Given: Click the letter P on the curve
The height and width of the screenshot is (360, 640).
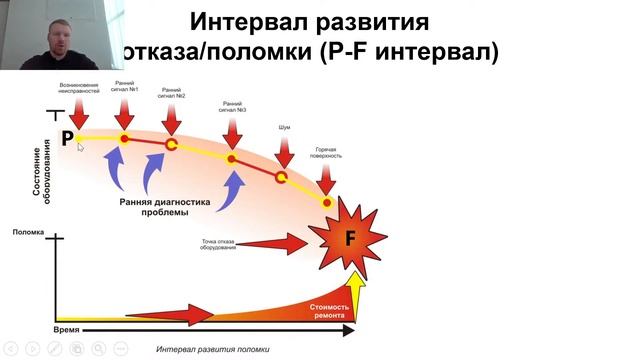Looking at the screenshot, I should pos(67,138).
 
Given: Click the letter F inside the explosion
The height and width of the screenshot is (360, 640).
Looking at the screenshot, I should pos(350,238).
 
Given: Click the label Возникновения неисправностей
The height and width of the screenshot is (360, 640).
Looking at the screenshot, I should pos(79,88).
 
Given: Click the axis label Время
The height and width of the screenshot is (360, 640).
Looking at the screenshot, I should pos(66,327).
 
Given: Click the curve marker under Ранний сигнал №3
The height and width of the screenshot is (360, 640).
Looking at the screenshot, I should pos(231,158).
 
